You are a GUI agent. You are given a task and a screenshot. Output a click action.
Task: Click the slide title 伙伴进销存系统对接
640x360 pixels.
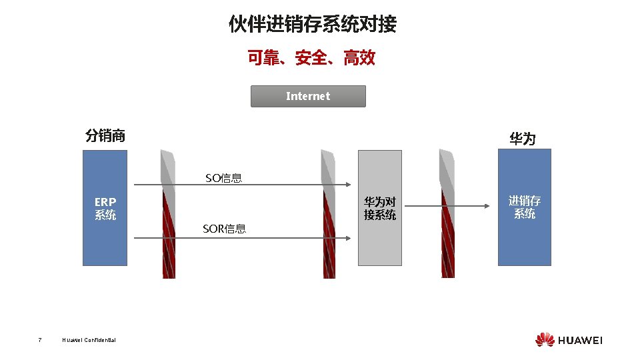tap(312, 25)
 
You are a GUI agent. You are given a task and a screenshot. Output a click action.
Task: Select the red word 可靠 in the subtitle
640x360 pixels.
tap(263, 58)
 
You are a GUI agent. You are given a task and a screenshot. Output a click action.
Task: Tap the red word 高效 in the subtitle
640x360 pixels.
tap(359, 58)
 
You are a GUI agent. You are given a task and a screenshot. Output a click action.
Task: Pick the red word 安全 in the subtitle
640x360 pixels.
tap(311, 58)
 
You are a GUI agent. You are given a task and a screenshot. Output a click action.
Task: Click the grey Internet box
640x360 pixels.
tap(308, 96)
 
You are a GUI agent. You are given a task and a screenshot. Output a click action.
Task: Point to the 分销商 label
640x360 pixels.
tap(105, 136)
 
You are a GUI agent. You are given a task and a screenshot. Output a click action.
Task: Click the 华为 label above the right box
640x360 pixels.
tap(522, 138)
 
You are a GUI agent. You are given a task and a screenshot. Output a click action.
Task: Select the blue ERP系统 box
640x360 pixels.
tap(105, 208)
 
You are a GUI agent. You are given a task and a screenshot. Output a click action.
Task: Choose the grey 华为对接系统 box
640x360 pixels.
tap(380, 208)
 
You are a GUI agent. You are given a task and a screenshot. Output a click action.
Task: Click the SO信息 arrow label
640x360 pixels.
tap(223, 177)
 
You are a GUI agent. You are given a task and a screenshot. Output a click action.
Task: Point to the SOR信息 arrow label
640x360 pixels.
tap(224, 229)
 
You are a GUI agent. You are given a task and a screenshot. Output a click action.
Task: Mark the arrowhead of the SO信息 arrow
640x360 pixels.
tap(348, 185)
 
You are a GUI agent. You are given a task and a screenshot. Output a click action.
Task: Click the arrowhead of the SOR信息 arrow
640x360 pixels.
tap(348, 237)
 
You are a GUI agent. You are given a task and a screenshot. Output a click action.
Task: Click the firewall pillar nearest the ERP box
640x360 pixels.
tap(169, 213)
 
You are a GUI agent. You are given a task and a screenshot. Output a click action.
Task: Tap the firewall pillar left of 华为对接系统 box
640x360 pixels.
tap(328, 213)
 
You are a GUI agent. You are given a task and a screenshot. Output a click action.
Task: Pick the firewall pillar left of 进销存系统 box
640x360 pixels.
tap(447, 213)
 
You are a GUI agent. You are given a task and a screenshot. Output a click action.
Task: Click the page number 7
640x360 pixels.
tap(40, 340)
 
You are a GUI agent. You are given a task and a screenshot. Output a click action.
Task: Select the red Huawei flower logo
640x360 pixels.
tap(545, 339)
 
